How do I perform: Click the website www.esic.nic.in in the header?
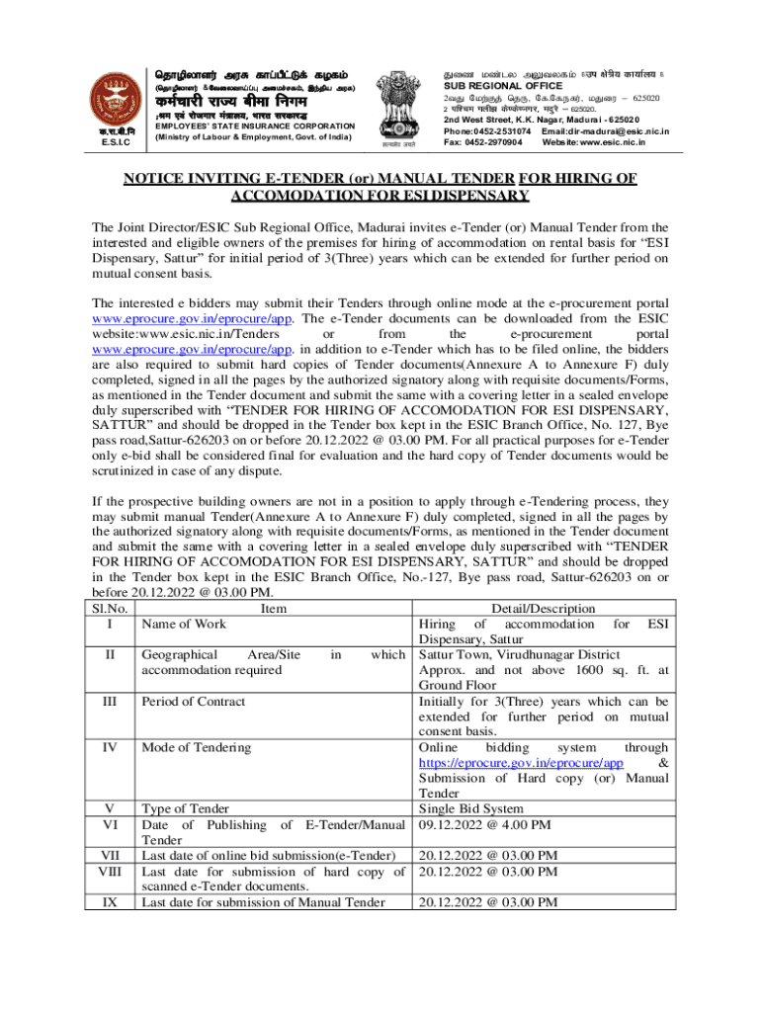pyautogui.click(x=606, y=142)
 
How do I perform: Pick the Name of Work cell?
pyautogui.click(x=184, y=624)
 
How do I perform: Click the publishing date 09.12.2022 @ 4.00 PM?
pyautogui.click(x=485, y=824)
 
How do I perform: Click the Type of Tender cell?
pyautogui.click(x=186, y=809)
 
